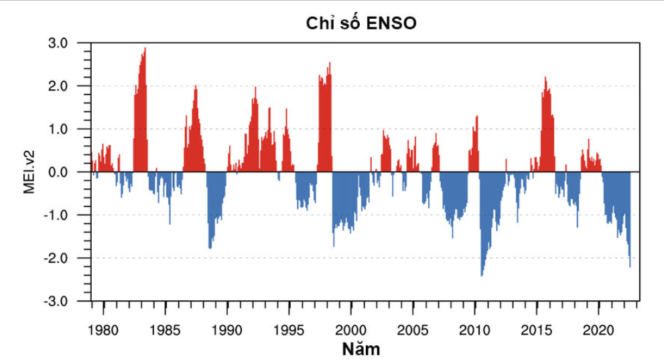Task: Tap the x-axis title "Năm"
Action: coord(360,348)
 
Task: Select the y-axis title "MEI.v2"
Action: coord(29,172)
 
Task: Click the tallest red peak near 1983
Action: coord(145,50)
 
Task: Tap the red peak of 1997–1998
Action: coord(330,64)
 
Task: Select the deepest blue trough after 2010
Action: coord(482,274)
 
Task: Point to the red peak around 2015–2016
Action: coord(545,79)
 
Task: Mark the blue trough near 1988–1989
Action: coord(210,247)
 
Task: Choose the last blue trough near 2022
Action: coord(630,265)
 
